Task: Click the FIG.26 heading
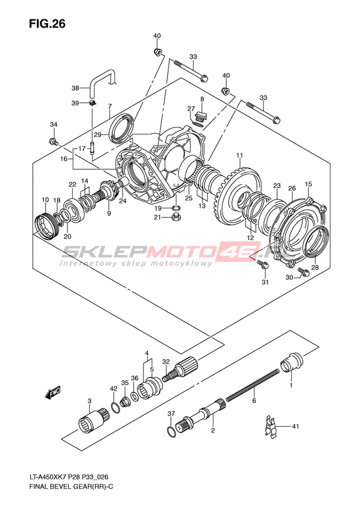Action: [47, 24]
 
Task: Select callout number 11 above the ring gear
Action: [239, 156]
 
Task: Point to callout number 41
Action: [295, 426]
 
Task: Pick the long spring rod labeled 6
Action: [252, 385]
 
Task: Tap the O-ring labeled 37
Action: [171, 431]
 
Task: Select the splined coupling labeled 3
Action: [94, 421]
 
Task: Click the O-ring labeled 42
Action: [115, 407]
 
